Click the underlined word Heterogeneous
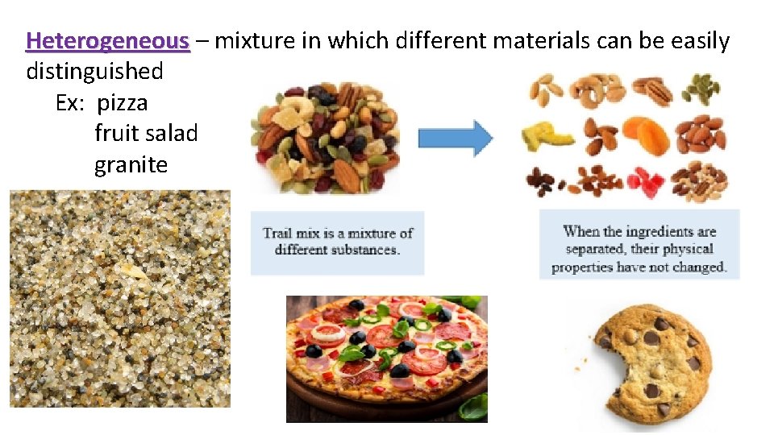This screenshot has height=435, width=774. tap(108, 40)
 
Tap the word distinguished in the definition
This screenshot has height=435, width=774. tap(94, 72)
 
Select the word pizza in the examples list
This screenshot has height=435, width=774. tap(122, 103)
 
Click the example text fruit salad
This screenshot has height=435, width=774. tap(146, 134)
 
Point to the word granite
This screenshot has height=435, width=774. tap(131, 165)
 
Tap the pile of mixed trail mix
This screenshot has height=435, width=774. tap(327, 137)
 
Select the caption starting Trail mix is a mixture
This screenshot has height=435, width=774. tap(337, 242)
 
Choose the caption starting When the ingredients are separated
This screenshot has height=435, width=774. tap(639, 248)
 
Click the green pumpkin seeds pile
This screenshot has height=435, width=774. tap(702, 89)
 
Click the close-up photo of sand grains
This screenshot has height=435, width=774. tap(119, 298)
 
